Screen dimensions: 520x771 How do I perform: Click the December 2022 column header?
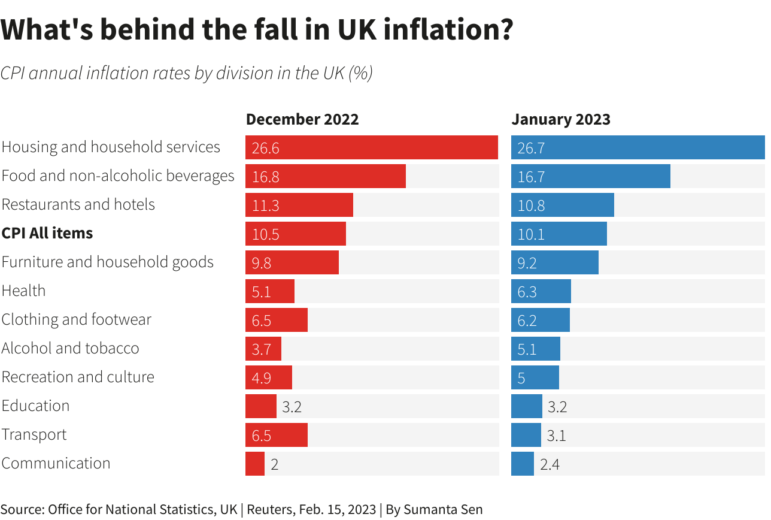(302, 119)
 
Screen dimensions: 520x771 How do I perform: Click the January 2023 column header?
(561, 119)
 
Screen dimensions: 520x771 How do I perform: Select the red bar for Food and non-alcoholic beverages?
(325, 176)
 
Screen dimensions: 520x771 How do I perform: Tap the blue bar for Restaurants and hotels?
(562, 205)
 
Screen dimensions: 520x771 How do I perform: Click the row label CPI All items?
(47, 233)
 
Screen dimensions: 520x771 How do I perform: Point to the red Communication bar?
(255, 464)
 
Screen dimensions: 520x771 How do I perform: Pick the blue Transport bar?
(526, 435)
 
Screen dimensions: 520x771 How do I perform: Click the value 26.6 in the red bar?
(265, 148)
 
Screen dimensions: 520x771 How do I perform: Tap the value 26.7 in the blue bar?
(531, 148)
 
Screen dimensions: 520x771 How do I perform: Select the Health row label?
(24, 291)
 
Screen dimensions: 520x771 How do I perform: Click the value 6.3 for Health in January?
(527, 292)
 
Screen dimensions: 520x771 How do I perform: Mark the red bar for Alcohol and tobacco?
(263, 349)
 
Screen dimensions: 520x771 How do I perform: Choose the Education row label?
(36, 406)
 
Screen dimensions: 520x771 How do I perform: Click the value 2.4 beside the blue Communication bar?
(550, 464)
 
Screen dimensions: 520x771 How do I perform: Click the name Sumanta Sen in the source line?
(443, 509)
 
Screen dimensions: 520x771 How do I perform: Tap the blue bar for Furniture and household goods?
(554, 262)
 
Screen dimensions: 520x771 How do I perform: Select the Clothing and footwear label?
(77, 319)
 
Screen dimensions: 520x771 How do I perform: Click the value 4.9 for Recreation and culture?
(262, 378)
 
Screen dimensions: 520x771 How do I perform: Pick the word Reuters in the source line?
(269, 509)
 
